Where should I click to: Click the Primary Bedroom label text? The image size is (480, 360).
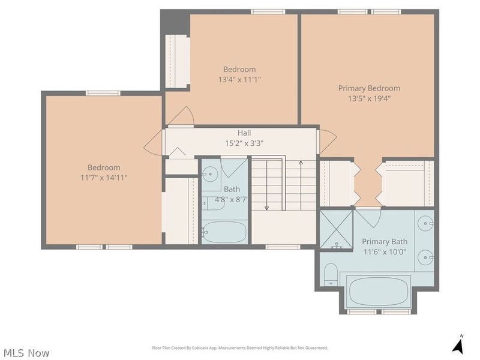tap(369, 88)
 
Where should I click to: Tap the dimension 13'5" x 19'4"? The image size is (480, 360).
tap(369, 99)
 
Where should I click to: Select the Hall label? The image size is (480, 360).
tap(244, 133)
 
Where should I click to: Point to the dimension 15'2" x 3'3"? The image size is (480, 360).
tap(244, 143)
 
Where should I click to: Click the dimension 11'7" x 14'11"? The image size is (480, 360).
tap(104, 178)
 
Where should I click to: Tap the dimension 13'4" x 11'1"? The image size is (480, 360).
tap(239, 79)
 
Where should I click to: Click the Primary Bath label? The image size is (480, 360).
tap(385, 242)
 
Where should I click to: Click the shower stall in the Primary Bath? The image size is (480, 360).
tap(336, 229)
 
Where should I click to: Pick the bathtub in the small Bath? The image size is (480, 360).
tap(224, 231)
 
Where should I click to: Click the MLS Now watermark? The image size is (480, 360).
tap(26, 353)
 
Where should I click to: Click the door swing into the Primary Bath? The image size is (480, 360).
tap(368, 217)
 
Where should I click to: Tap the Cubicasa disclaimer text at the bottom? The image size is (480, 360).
tap(240, 348)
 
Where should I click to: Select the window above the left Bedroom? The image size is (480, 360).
tap(103, 93)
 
